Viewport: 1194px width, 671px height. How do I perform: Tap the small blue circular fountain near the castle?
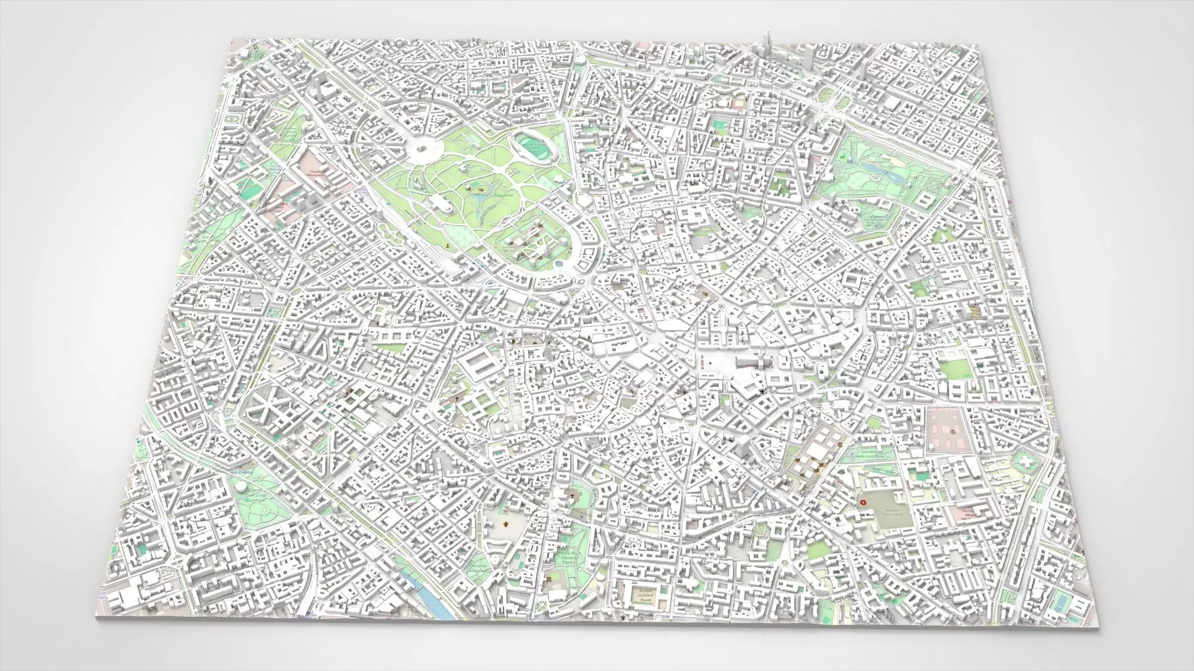pos(558,262)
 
